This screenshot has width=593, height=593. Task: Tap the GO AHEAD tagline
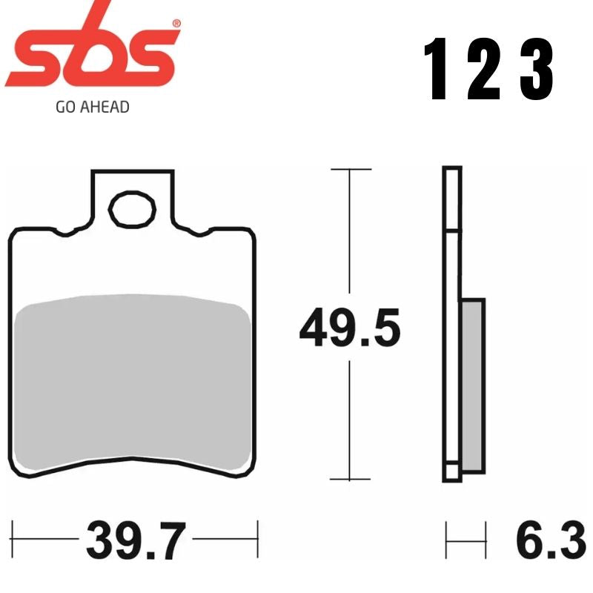tap(93, 107)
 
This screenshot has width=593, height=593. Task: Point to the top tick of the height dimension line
tap(350, 170)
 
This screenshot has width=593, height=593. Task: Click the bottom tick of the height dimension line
tap(350, 480)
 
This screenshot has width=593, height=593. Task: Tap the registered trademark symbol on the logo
tap(176, 24)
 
